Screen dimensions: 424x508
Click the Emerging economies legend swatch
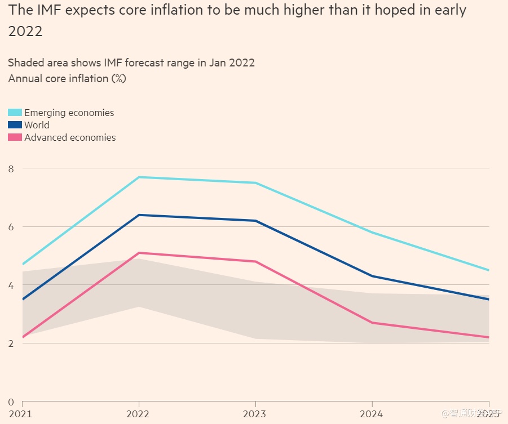(x=15, y=113)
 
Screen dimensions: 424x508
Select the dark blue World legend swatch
(x=15, y=125)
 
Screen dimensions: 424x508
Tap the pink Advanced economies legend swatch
(x=15, y=137)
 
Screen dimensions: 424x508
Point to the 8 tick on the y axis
(x=11, y=168)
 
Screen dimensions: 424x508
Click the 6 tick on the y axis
(x=11, y=226)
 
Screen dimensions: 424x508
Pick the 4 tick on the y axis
(x=11, y=285)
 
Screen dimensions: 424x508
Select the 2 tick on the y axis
(x=11, y=343)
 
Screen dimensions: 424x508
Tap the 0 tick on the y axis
(x=11, y=401)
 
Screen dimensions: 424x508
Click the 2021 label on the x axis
(x=20, y=414)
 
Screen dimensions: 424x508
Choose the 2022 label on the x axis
(x=139, y=414)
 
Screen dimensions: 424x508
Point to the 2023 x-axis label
(x=255, y=414)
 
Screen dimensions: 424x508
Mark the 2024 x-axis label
(x=372, y=414)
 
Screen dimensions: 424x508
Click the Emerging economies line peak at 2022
(x=139, y=177)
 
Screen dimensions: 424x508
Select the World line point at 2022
(x=139, y=215)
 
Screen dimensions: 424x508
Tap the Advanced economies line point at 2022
(x=139, y=253)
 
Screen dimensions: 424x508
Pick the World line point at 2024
(x=372, y=276)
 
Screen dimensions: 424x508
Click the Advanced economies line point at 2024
(x=372, y=323)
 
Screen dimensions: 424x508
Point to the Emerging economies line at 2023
(x=255, y=182)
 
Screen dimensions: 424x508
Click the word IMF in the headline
(x=50, y=11)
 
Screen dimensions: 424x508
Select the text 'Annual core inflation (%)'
(x=67, y=78)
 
